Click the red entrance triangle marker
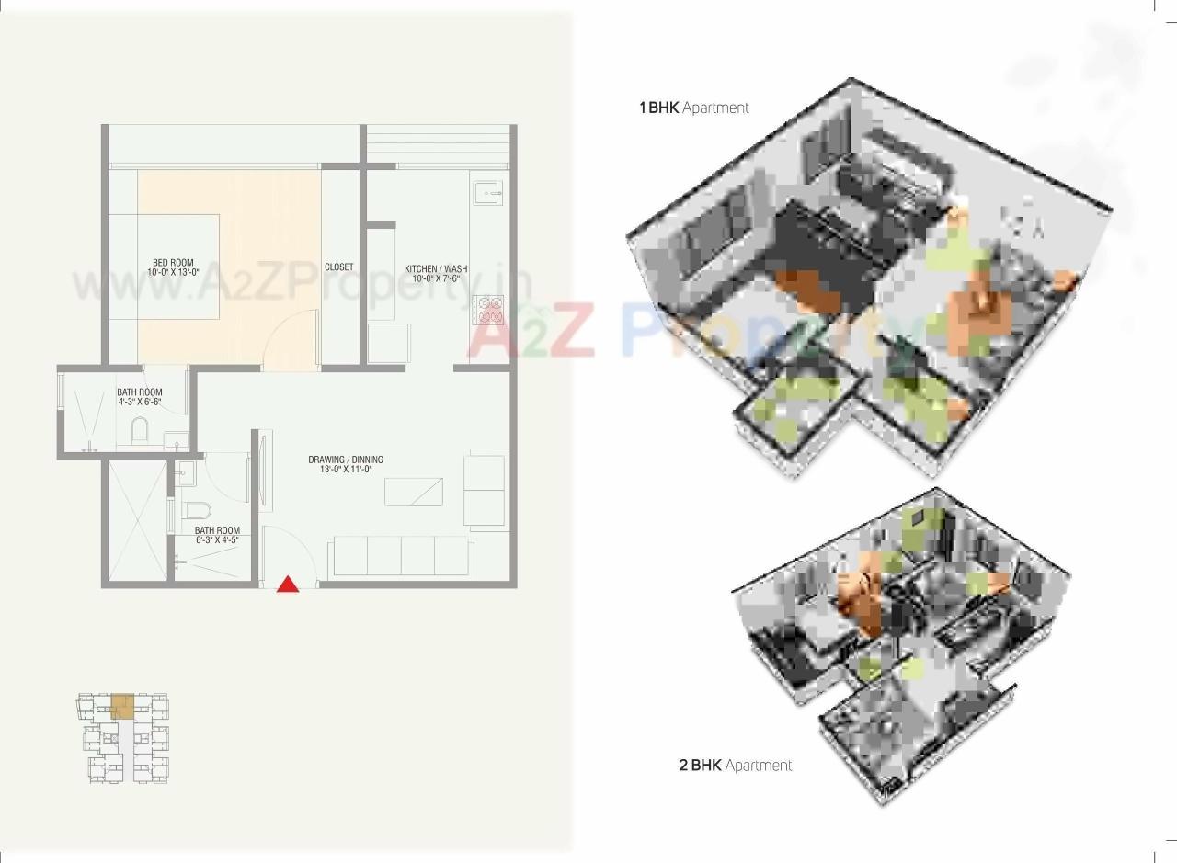(x=288, y=585)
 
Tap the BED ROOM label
(x=173, y=263)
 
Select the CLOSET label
(x=338, y=267)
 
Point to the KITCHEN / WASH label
(x=436, y=268)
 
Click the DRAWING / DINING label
(x=346, y=460)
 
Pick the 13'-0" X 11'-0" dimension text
(x=346, y=471)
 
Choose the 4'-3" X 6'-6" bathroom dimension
(x=140, y=403)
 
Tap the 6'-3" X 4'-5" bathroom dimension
(x=217, y=540)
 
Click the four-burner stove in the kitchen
(x=487, y=310)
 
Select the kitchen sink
(x=488, y=193)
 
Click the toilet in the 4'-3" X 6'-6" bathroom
(x=139, y=429)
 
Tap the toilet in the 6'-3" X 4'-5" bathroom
(x=198, y=509)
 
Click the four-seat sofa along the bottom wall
(x=401, y=556)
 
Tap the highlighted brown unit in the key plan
(x=122, y=707)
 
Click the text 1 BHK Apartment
(x=694, y=108)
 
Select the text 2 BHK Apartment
(x=735, y=765)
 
